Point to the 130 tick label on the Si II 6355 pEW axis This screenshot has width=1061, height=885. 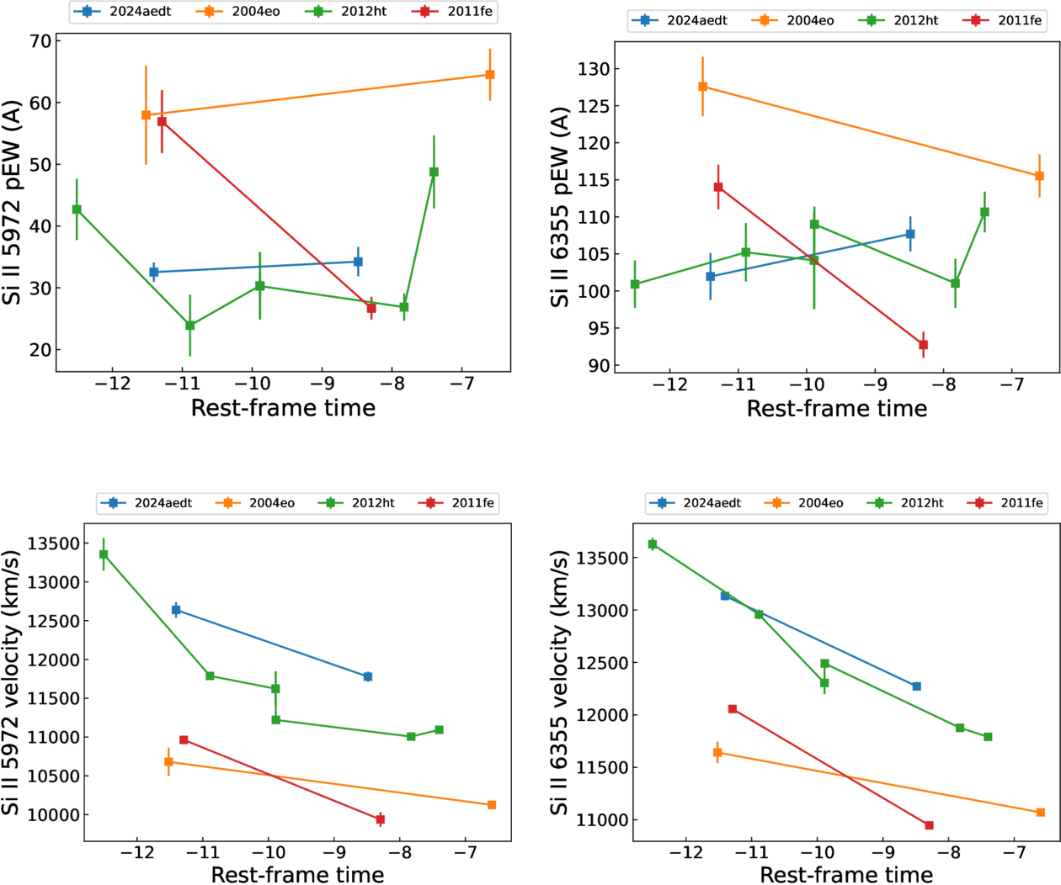click(594, 69)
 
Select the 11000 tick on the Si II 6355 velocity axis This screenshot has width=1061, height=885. click(602, 820)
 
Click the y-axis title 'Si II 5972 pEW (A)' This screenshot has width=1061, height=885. click(12, 203)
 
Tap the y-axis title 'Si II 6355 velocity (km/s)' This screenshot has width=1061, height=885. click(559, 682)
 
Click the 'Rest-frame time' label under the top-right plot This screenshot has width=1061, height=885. click(836, 409)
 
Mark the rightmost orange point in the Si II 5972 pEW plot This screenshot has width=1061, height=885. click(490, 75)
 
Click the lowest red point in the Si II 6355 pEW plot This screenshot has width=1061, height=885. click(924, 345)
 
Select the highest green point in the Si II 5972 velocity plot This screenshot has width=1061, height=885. click(104, 554)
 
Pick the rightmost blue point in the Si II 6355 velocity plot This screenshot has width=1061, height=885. click(917, 686)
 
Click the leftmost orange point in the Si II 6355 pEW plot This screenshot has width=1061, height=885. click(702, 87)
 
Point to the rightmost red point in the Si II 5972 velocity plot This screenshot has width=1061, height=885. click(381, 819)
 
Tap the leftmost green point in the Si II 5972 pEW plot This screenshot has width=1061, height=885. click(77, 209)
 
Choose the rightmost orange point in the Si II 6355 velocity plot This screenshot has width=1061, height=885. click(1041, 813)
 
